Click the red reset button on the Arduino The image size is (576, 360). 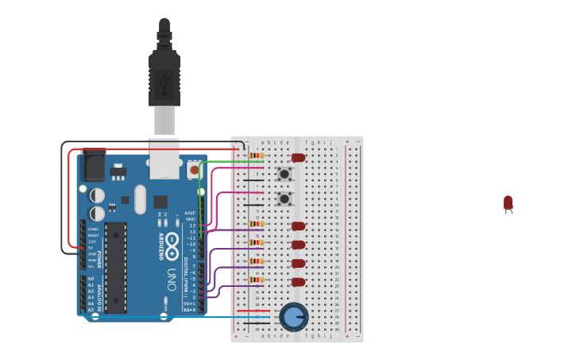[x=193, y=168]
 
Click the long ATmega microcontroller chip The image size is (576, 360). [x=116, y=266]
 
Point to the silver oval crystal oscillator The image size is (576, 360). [x=141, y=199]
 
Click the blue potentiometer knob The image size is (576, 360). [x=294, y=317]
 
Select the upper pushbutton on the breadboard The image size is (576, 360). [x=284, y=173]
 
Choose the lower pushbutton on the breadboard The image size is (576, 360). [x=284, y=198]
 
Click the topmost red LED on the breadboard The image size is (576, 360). [x=299, y=157]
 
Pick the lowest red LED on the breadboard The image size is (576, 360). [x=299, y=282]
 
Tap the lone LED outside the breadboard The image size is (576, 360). [x=508, y=203]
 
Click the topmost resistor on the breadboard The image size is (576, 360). [x=256, y=155]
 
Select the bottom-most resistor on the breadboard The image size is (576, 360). [x=256, y=280]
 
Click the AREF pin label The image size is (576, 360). [x=190, y=213]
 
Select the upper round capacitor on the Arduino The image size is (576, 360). [x=97, y=195]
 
